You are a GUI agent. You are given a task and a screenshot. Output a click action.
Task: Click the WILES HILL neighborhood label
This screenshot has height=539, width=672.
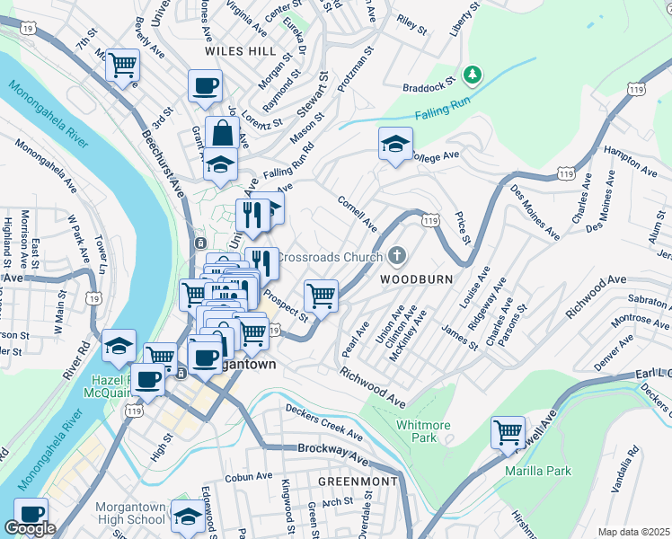tap(240, 51)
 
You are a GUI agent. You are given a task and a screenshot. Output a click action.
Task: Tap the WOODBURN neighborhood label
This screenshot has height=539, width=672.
tap(415, 279)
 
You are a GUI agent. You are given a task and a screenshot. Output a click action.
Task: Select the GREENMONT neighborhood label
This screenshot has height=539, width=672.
tap(358, 482)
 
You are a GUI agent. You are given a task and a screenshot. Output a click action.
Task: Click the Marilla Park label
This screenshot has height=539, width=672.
tap(538, 471)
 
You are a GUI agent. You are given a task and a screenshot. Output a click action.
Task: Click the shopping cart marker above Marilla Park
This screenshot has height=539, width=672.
tap(508, 432)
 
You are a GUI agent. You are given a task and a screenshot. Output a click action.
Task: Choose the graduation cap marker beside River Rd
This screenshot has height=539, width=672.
tap(118, 346)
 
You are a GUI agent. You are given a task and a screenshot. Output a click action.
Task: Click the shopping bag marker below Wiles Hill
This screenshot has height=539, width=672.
tap(220, 134)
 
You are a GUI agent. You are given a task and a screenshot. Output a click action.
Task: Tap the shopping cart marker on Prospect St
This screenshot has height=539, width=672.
tap(321, 295)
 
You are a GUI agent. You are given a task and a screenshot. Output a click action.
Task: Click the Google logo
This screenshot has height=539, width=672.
tap(30, 528)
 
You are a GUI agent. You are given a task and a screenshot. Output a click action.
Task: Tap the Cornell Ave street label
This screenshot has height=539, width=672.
tap(358, 213)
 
